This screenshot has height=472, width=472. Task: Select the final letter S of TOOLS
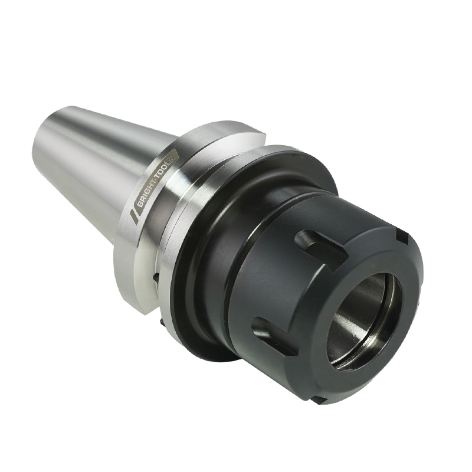[175, 158]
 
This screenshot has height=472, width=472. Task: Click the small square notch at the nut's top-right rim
[402, 237]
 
